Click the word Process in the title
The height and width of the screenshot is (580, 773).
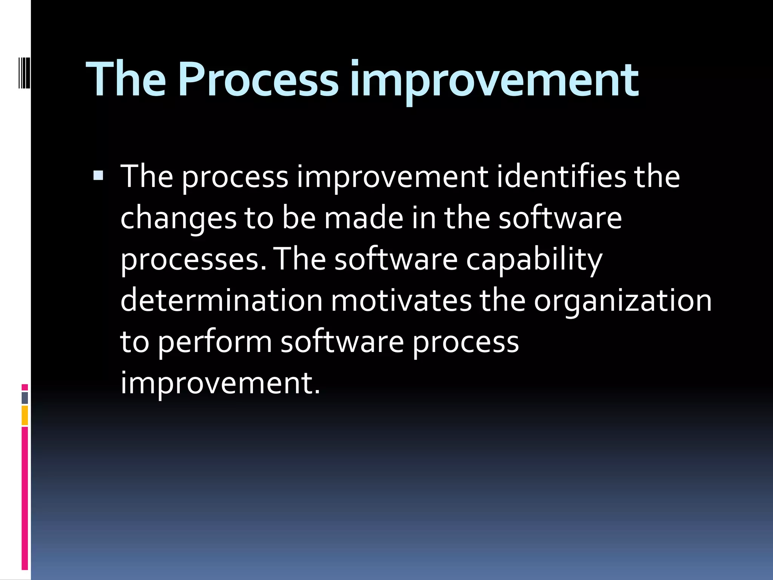pyautogui.click(x=258, y=79)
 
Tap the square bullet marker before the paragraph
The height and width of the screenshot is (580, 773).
pyautogui.click(x=98, y=175)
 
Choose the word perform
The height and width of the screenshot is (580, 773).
pyautogui.click(x=214, y=342)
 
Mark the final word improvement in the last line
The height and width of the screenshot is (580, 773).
pyautogui.click(x=220, y=384)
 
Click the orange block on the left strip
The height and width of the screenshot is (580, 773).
pyautogui.click(x=25, y=415)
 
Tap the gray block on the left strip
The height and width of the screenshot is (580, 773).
pyautogui.click(x=25, y=398)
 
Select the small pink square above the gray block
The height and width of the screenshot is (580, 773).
pyautogui.click(x=25, y=387)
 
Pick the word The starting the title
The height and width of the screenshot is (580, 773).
pyautogui.click(x=126, y=79)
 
